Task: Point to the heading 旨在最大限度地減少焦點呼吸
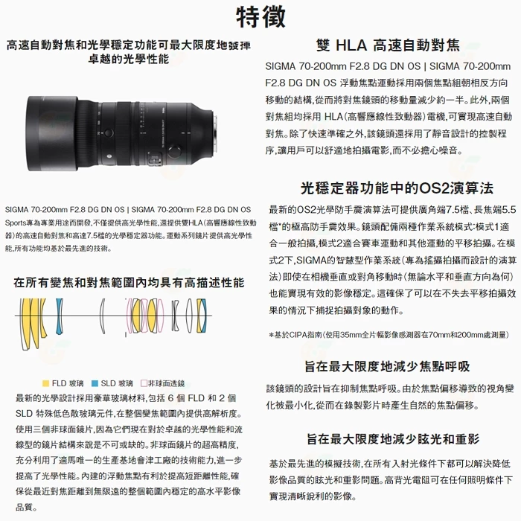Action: [389, 366]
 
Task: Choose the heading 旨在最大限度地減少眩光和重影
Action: [389, 439]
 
